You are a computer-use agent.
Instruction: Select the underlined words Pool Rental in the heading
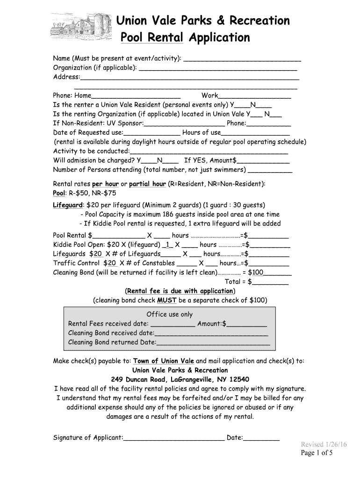point(151,37)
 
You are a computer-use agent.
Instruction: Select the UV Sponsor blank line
point(184,124)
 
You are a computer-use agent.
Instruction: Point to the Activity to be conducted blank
point(209,152)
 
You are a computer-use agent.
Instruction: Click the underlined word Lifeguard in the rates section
point(68,205)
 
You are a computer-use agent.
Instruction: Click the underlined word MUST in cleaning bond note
point(166,300)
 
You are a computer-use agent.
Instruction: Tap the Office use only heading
point(169,314)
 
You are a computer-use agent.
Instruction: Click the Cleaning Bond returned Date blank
point(213,343)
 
